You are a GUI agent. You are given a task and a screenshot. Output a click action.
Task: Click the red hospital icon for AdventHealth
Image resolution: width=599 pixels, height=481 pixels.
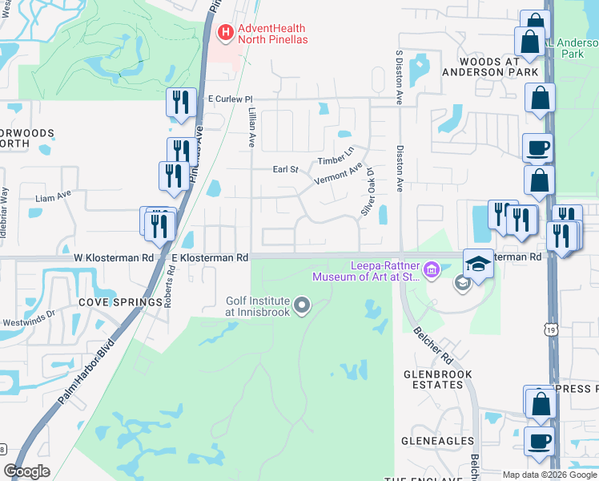226,33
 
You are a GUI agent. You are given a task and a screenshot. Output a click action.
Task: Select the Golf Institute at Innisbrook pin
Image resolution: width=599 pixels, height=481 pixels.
302,304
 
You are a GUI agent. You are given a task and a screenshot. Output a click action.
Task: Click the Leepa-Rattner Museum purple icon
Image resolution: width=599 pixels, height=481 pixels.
432,269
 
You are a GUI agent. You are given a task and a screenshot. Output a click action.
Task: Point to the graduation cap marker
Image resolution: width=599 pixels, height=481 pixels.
478,264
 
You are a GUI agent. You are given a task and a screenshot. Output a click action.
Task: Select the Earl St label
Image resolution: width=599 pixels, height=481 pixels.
284,169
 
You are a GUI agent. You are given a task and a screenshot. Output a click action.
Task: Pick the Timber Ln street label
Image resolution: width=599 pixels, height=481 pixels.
336,156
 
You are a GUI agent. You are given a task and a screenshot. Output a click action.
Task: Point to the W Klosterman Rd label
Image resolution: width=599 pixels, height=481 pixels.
113,258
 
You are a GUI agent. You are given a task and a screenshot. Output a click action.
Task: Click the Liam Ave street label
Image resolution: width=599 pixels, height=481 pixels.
53,196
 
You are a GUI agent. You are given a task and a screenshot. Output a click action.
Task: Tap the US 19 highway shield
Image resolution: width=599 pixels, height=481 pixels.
548,329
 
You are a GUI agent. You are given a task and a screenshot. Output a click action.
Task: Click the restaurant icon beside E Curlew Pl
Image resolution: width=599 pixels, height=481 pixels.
180,101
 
